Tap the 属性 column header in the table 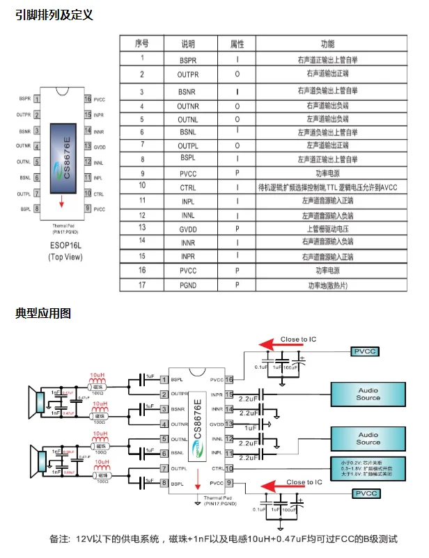click(237, 44)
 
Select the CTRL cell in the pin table click(188, 186)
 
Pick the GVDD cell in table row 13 click(188, 228)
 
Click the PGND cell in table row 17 click(188, 285)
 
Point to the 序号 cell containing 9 click(142, 173)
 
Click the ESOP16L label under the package click(67, 246)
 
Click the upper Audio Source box click(368, 394)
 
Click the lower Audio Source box click(368, 438)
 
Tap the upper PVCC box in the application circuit click(365, 352)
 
